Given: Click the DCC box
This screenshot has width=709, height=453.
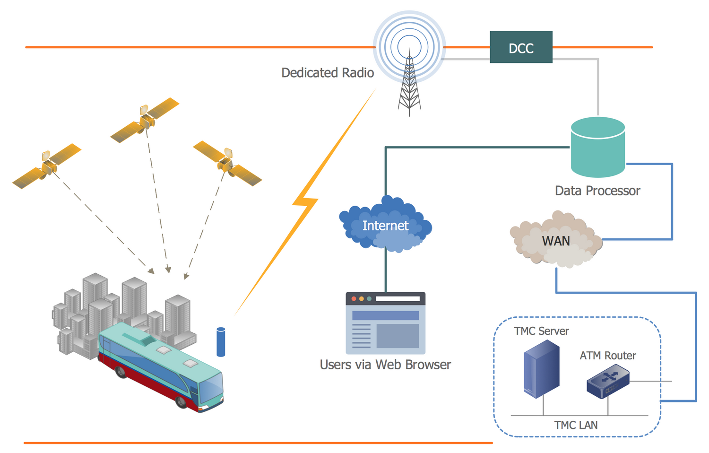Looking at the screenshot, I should click(x=521, y=47).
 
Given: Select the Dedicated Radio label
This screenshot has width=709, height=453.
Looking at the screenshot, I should click(x=328, y=73).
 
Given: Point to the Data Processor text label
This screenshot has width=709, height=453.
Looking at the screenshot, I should click(x=597, y=191).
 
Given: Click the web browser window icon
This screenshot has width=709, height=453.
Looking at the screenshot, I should click(x=386, y=323).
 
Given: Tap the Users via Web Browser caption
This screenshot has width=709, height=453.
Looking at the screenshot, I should click(x=385, y=365).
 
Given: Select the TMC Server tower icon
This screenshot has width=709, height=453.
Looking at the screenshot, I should click(x=542, y=369).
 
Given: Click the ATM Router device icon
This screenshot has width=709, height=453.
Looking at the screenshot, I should click(x=608, y=383).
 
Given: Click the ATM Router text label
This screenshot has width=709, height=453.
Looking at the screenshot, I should click(x=608, y=356).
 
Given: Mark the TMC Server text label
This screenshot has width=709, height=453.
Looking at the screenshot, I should click(x=541, y=331).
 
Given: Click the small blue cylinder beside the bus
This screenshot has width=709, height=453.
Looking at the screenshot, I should click(x=221, y=342).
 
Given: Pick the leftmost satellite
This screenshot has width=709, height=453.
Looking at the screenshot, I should click(x=47, y=166).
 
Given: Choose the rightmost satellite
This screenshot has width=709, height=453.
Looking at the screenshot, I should click(x=227, y=163).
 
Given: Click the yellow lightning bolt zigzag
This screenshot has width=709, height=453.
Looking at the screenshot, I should click(x=305, y=203).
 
